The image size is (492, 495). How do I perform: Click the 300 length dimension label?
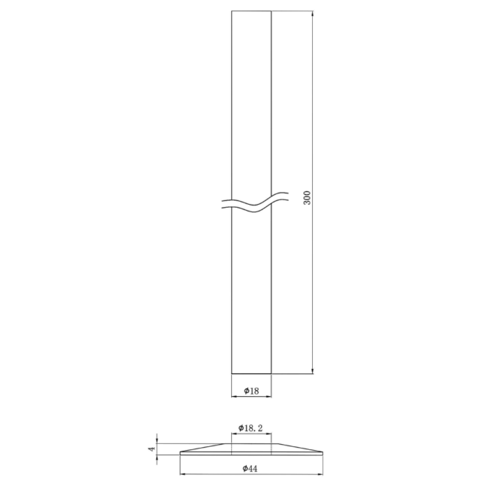coord(307,198)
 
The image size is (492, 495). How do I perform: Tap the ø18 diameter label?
coord(251,391)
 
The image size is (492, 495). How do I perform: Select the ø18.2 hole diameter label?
coord(250,428)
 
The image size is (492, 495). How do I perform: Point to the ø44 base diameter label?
coord(250,469)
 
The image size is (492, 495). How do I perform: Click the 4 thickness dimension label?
coord(152,448)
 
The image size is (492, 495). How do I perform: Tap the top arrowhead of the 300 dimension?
coord(313,14)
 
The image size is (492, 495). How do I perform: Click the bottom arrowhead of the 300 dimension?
coord(313,370)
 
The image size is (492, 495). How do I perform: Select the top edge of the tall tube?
coord(251,11)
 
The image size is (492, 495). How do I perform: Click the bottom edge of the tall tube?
coord(251,373)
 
